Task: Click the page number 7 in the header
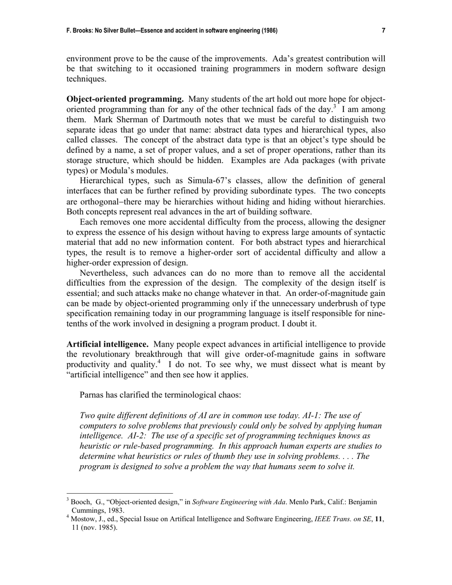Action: tap(383, 31)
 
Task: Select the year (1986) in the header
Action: tap(268, 31)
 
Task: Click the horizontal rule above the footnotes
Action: tap(119, 493)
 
